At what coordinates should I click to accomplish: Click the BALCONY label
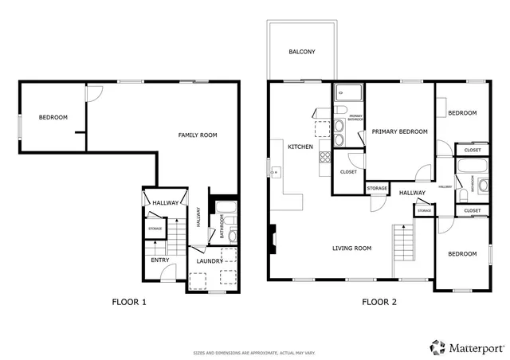point(301,53)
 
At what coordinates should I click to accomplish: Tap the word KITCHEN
point(300,147)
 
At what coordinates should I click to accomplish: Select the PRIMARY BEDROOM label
point(399,131)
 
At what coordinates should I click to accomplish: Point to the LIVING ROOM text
point(352,248)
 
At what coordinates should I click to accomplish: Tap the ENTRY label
point(160,260)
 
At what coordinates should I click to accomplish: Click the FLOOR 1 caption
point(128,302)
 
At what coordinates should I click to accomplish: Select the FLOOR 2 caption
point(379,302)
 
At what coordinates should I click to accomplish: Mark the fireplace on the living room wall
point(272,237)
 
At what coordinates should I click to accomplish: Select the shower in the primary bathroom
point(347,92)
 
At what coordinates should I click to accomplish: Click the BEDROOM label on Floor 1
point(53,118)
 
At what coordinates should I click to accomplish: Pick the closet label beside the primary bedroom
point(348,172)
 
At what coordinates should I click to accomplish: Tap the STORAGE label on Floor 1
point(155,229)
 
